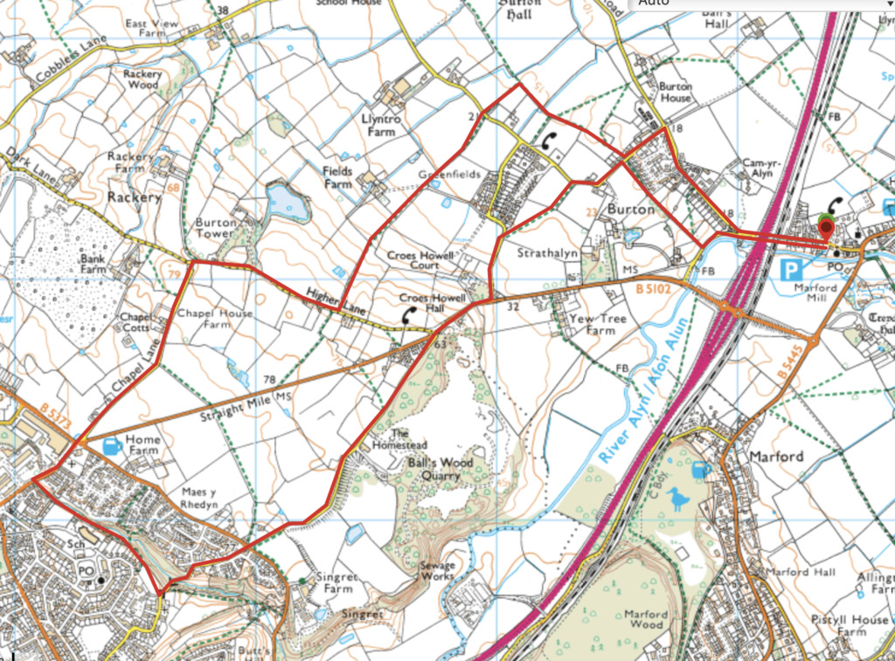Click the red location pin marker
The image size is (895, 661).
[827, 229]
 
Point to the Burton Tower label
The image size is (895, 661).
[215, 228]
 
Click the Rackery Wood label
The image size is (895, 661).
[141, 79]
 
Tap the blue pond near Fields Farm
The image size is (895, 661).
[288, 203]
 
